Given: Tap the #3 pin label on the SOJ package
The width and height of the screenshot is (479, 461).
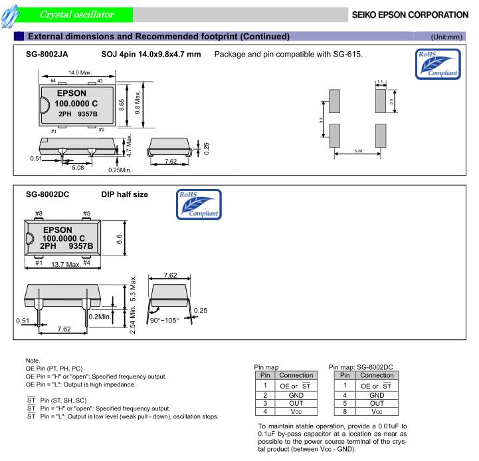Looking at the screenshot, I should pos(99,80).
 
